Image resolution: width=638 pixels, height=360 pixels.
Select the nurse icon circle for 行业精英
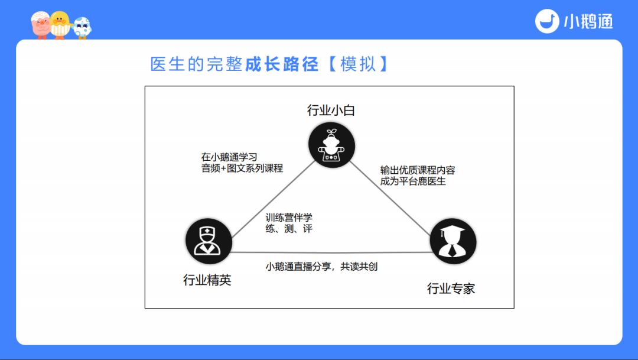tap(208, 242)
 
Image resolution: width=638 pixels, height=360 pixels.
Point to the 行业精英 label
tap(207, 280)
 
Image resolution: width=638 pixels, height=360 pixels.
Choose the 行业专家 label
tap(451, 289)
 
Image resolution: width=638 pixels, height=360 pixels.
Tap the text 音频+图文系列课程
tap(242, 168)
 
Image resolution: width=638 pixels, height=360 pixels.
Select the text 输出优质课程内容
tap(418, 170)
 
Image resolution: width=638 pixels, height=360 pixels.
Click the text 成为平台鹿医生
tap(413, 181)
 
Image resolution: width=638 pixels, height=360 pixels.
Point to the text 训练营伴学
tap(289, 218)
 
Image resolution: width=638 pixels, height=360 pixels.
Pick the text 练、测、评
tap(289, 229)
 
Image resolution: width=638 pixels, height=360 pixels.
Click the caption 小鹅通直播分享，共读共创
tap(321, 267)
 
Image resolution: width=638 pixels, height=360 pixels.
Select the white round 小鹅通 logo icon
tap(547, 21)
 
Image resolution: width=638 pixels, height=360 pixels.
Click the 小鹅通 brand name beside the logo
tap(588, 22)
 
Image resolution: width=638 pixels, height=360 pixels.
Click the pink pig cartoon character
tap(41, 25)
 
